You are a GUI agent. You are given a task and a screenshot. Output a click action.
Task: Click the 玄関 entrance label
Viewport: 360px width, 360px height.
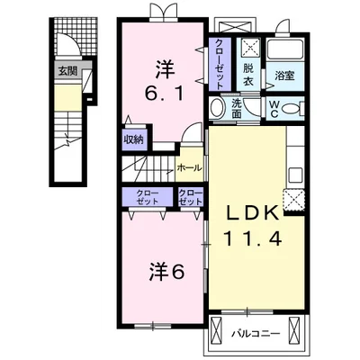pyautogui.click(x=67, y=71)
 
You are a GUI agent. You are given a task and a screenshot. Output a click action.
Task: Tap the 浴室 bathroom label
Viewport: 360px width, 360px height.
pyautogui.click(x=284, y=76)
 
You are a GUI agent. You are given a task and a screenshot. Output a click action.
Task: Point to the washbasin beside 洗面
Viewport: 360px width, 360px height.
pyautogui.click(x=217, y=108)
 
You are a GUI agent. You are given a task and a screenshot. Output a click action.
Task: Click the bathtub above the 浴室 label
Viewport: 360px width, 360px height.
pyautogui.click(x=284, y=49)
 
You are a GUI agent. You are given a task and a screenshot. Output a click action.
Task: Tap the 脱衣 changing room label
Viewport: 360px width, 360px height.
pyautogui.click(x=248, y=75)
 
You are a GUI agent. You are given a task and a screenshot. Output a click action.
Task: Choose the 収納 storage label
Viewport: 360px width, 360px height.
pyautogui.click(x=134, y=139)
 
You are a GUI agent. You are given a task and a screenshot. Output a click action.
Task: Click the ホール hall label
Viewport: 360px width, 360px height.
pyautogui.click(x=189, y=168)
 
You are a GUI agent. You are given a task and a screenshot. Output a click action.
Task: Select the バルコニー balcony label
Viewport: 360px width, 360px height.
pyautogui.click(x=256, y=334)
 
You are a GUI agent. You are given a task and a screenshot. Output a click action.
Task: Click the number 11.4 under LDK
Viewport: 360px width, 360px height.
pyautogui.click(x=252, y=238)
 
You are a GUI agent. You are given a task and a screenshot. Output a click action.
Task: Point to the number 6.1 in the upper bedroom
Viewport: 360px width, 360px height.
pyautogui.click(x=164, y=93)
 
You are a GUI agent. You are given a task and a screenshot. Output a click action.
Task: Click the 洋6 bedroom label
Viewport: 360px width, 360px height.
pyautogui.click(x=166, y=271)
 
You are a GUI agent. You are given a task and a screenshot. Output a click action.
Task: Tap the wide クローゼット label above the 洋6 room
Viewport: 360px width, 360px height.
pyautogui.click(x=148, y=197)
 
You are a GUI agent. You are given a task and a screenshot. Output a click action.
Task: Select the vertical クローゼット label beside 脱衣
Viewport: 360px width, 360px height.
pyautogui.click(x=220, y=64)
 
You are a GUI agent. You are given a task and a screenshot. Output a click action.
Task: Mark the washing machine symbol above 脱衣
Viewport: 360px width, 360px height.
pyautogui.click(x=248, y=49)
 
